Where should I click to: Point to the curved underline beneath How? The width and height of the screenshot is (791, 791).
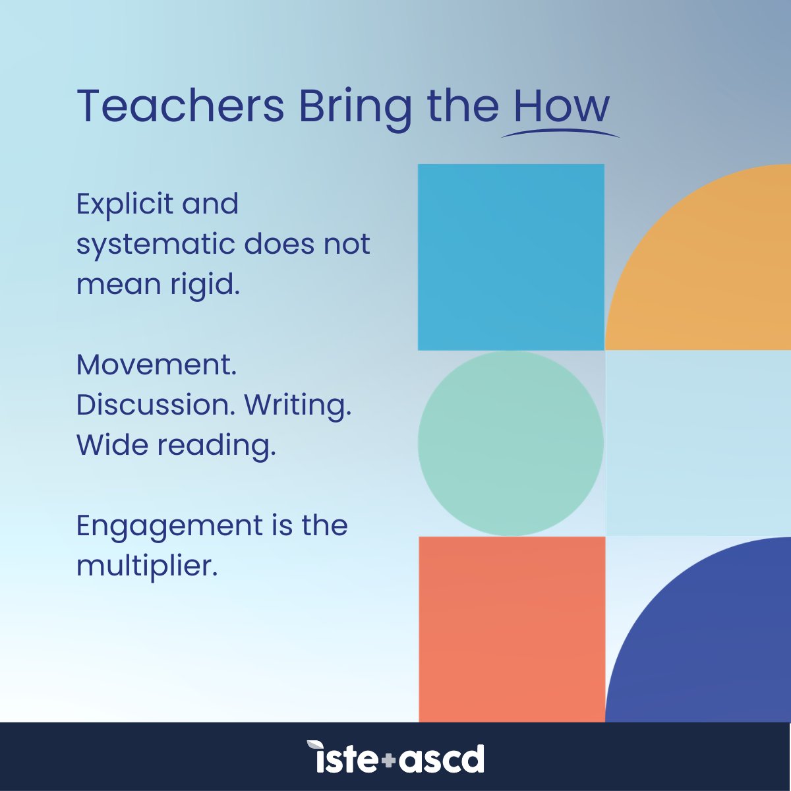[560, 132]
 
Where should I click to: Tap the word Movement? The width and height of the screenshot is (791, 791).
[156, 365]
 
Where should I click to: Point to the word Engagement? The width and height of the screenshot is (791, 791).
[169, 527]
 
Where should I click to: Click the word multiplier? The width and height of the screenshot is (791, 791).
[146, 566]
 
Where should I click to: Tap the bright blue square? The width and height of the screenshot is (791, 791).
[511, 257]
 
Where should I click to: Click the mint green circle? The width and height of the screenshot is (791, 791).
[511, 443]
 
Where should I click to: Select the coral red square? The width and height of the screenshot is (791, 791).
[512, 630]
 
